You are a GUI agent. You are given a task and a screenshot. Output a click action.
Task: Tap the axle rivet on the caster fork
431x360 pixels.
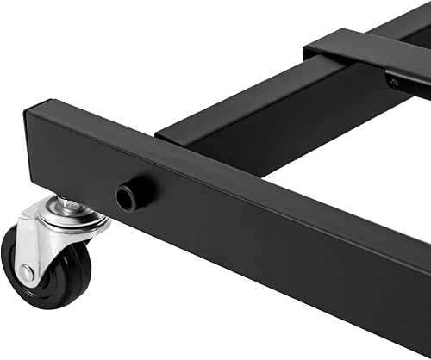[x=27, y=272]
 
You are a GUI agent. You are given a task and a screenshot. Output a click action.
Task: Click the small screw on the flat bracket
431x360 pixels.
[x=394, y=84]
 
